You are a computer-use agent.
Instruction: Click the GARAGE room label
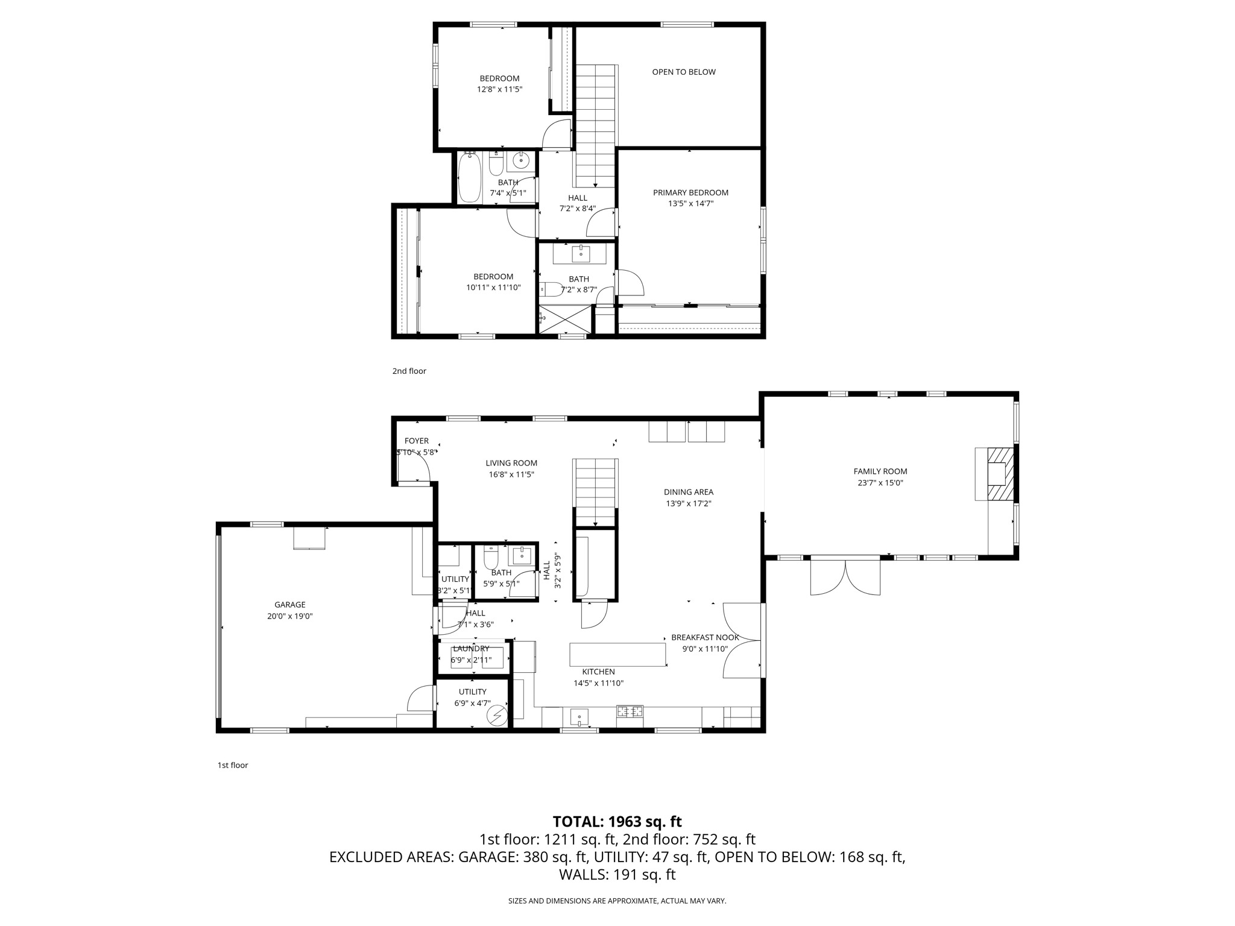click(289, 605)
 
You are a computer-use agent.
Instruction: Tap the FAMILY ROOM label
click(880, 471)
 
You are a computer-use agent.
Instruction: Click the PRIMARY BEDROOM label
click(690, 193)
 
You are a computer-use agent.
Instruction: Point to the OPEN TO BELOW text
click(684, 72)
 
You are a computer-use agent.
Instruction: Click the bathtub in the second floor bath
click(469, 177)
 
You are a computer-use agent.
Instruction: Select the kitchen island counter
click(617, 654)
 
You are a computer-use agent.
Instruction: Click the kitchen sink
click(579, 717)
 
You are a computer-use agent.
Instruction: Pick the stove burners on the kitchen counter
click(630, 711)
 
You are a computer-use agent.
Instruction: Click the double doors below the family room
click(845, 577)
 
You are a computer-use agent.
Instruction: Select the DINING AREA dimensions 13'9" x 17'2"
click(689, 503)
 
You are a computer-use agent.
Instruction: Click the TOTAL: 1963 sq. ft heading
click(617, 822)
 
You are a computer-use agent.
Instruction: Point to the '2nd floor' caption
click(409, 371)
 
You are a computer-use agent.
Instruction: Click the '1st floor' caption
click(233, 765)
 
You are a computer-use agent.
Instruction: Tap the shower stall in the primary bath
click(564, 319)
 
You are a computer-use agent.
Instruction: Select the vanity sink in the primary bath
click(580, 254)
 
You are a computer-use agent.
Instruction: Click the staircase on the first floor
click(595, 491)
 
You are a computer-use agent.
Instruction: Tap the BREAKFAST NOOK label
click(705, 637)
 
